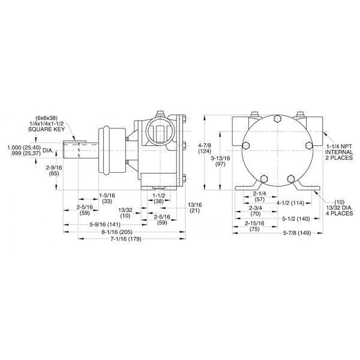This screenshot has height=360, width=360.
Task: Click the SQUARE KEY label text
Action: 46,129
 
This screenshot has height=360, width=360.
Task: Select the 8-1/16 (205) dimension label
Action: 117,232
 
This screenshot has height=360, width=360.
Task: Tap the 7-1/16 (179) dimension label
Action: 125,239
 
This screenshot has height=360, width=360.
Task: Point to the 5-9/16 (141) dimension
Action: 105,224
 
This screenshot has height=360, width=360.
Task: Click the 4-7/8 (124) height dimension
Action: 205,148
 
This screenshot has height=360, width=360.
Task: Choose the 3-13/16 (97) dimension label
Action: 220,161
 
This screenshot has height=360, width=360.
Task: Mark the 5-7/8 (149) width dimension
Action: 297,233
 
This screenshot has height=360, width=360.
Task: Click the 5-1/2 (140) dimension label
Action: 296,219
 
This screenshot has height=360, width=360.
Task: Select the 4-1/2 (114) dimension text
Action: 290,203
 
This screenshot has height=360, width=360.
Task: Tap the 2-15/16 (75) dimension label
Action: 254,226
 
